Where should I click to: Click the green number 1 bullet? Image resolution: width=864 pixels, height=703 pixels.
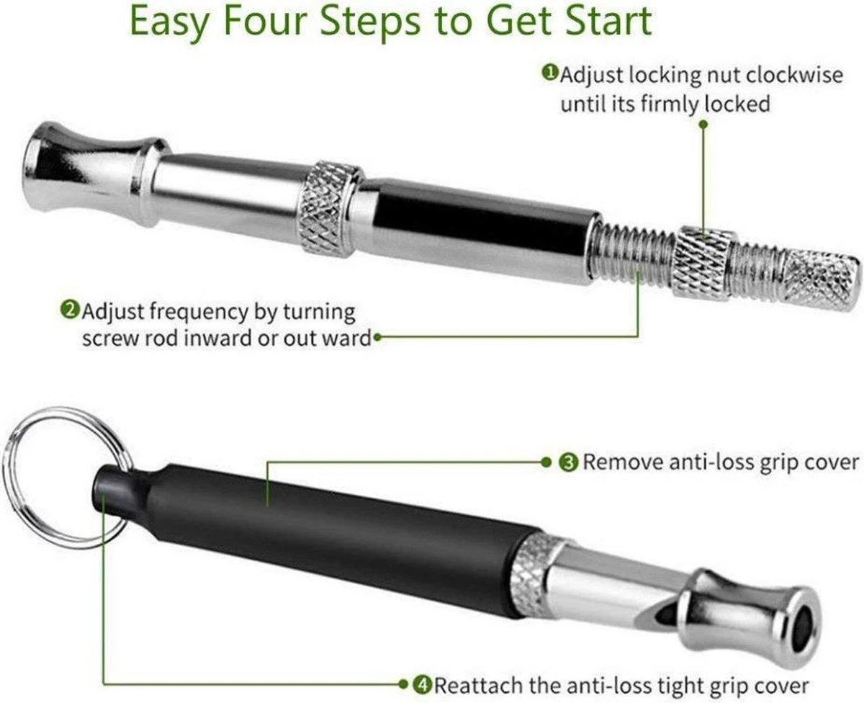(x=550, y=73)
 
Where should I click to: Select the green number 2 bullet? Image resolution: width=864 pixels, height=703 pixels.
(x=69, y=310)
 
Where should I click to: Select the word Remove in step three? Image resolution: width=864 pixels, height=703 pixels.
(x=623, y=462)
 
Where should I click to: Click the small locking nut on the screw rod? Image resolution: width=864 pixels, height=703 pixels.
(x=702, y=263)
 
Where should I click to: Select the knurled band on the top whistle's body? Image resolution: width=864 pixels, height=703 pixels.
(x=329, y=210)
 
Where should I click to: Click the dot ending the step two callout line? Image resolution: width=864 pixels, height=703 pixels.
(x=377, y=337)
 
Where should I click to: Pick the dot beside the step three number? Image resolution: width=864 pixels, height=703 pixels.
(x=546, y=462)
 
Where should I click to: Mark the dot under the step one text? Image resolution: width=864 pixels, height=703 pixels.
(x=703, y=124)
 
